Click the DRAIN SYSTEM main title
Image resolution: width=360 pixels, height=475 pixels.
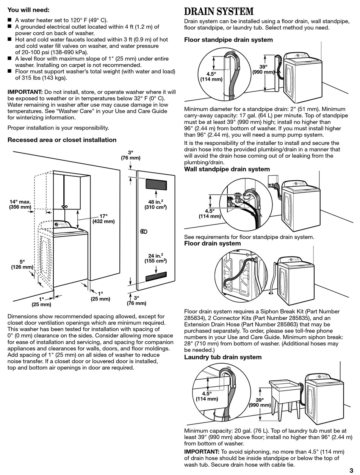[219, 11]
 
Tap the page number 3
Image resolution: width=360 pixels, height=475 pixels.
[351, 470]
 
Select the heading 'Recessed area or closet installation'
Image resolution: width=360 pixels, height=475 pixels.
[62, 140]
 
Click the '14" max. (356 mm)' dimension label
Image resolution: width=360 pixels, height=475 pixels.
[20, 204]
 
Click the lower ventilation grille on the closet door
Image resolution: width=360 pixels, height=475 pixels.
[156, 277]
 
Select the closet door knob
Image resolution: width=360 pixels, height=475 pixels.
[144, 231]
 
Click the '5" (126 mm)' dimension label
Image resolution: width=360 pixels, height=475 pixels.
[22, 264]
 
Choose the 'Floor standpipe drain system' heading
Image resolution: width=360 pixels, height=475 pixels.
[229, 40]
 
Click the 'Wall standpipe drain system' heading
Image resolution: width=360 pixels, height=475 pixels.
[227, 169]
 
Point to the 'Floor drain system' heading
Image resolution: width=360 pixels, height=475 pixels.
[212, 243]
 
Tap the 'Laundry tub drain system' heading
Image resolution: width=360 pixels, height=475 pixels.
[223, 357]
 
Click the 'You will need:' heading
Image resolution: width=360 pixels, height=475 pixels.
[28, 10]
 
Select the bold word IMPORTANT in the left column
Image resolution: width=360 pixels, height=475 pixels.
[25, 92]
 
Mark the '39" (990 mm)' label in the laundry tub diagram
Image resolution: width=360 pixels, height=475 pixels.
[260, 402]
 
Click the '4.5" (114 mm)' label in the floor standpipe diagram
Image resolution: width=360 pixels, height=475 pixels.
[211, 77]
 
